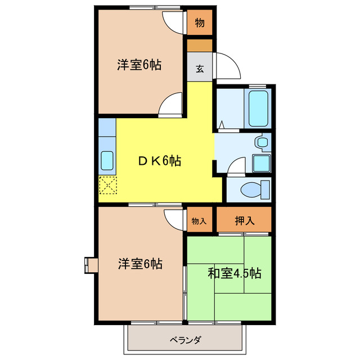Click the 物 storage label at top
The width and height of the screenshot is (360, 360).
(x=199, y=23)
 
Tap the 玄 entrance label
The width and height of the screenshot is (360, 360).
(x=200, y=69)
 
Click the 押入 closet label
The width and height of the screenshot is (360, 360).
(x=245, y=220)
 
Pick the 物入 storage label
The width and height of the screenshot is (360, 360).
(x=199, y=220)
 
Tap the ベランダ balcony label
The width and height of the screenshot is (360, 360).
(x=185, y=340)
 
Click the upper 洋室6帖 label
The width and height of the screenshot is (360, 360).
(x=139, y=65)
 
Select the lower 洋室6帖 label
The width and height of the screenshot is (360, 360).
(x=140, y=263)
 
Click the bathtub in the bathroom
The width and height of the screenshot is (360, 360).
(x=259, y=108)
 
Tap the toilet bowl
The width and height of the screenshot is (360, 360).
(x=250, y=190)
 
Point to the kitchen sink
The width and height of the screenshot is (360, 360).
(x=107, y=160)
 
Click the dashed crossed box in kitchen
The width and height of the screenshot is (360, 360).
(x=107, y=184)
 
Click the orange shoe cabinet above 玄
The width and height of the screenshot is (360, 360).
(x=199, y=44)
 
